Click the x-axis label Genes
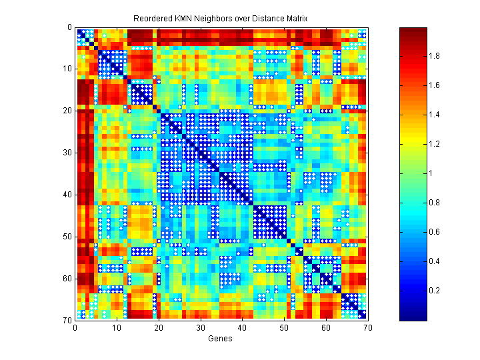pos(221,339)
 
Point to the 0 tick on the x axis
pos(75,327)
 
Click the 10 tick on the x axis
pos(117,327)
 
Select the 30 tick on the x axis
pos(200,327)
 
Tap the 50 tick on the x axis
pos(283,327)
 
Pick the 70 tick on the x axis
pos(367,327)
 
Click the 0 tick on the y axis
pos(69,28)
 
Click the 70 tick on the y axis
pos(67,321)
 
